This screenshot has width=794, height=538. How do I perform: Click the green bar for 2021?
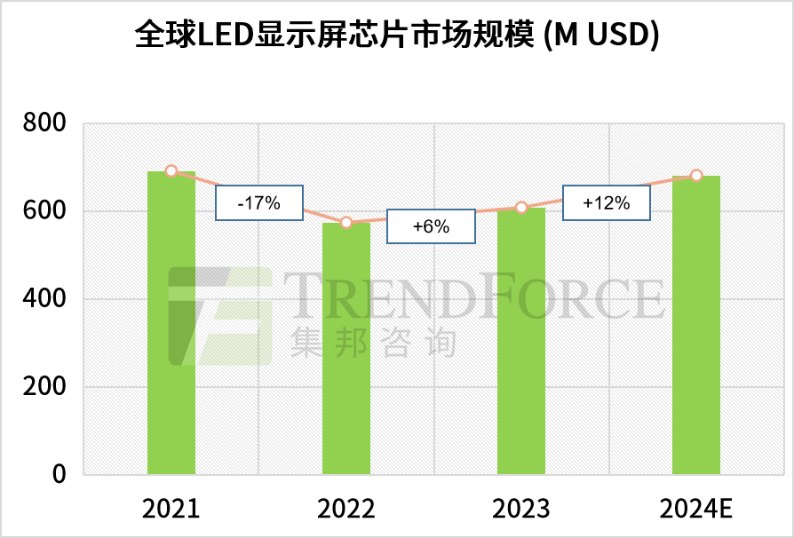(x=171, y=323)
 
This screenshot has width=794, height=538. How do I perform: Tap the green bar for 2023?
(x=521, y=341)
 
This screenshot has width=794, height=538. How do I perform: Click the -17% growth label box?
(x=259, y=202)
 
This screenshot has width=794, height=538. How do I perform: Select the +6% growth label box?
(x=431, y=226)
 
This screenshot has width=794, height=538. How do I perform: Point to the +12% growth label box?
(x=607, y=202)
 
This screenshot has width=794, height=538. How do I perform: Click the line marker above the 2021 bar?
(x=171, y=171)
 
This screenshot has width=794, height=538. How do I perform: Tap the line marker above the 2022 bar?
(x=346, y=222)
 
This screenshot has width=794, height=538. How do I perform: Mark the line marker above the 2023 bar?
(x=521, y=208)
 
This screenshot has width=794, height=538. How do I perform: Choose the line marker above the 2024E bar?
(x=696, y=176)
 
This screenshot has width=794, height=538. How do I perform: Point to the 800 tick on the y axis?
(x=44, y=123)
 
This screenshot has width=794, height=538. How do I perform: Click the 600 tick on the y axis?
(x=44, y=211)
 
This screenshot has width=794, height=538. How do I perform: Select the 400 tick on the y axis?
(x=44, y=299)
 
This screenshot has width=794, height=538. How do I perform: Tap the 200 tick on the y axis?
(x=44, y=387)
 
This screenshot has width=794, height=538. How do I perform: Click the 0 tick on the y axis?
(x=59, y=475)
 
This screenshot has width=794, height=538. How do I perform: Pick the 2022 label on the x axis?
(x=346, y=510)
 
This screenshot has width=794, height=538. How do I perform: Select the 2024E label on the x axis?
(x=696, y=510)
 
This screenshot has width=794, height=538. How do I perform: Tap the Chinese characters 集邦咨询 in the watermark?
(x=373, y=342)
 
